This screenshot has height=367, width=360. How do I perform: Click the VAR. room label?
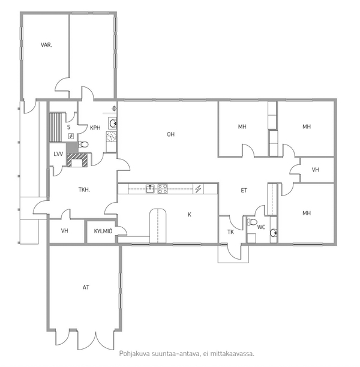[46, 45]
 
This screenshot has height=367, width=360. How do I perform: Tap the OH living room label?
[171, 134]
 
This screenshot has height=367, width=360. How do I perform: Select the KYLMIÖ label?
[103, 231]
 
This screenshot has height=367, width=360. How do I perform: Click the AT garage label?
[86, 287]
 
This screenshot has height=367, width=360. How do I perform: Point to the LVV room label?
[58, 154]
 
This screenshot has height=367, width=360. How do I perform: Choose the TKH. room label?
[84, 189]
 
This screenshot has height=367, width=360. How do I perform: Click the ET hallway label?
[244, 190]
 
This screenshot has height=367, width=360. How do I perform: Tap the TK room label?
[230, 232]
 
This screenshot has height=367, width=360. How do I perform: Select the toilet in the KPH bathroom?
[83, 145]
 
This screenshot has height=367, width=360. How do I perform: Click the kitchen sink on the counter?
[150, 189]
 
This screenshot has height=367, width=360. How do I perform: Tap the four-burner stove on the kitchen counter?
[163, 189]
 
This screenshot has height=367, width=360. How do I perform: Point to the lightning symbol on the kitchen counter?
[198, 189]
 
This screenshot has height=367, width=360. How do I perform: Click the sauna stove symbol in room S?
[71, 136]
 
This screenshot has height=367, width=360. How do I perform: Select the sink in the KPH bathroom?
[113, 124]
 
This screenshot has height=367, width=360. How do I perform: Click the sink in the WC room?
[274, 233]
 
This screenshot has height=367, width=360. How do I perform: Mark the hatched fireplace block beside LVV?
[77, 160]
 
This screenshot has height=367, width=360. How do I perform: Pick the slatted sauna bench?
[55, 127]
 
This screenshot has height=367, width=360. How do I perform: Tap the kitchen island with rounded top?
[158, 226]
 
